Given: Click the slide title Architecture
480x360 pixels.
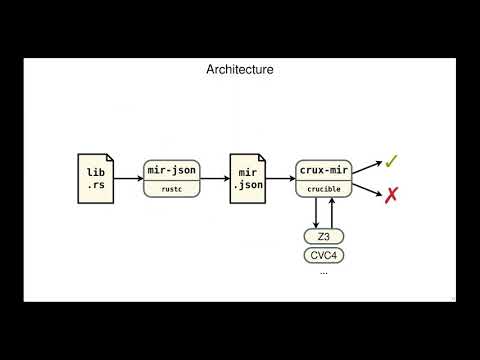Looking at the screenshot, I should [239, 70].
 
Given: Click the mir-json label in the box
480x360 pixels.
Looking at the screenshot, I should [171, 171].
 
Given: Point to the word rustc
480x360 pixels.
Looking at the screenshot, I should [171, 188].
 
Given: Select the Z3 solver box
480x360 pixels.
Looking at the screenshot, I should [323, 236].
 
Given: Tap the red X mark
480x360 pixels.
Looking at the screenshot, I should [391, 195].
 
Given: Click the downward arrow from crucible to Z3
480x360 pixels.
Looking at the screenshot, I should [316, 212].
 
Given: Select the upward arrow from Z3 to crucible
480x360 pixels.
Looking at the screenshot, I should [331, 212].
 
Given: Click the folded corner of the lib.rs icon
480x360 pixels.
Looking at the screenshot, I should [107, 158].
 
